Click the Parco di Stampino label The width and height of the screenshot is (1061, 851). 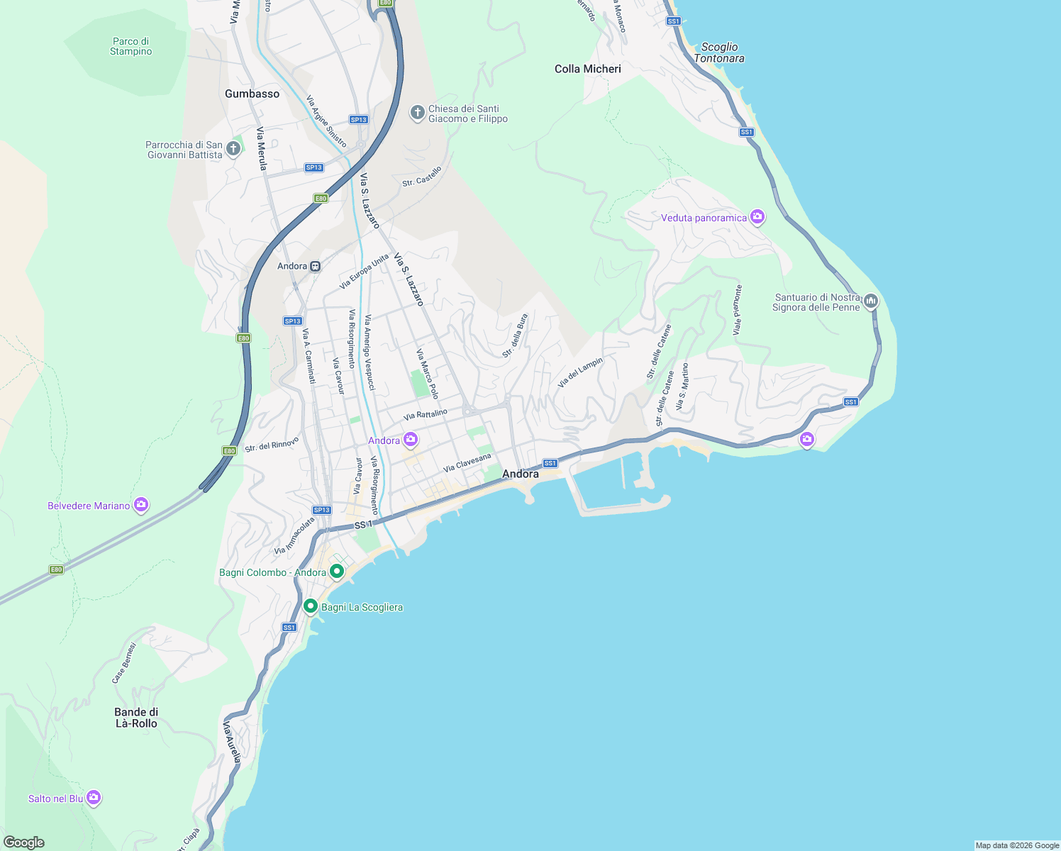130,47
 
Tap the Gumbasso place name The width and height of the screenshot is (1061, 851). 252,94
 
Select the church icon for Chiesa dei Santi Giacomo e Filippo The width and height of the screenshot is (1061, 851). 418,113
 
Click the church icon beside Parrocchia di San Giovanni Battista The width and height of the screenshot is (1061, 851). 233,149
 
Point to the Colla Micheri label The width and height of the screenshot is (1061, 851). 587,69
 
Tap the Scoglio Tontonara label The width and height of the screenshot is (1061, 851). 719,52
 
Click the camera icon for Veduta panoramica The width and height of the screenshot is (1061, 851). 757,217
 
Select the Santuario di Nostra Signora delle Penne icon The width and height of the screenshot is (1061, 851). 871,301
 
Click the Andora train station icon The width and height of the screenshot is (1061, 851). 315,267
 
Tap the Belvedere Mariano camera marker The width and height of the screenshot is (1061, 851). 141,505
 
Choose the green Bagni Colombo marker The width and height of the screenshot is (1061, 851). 337,571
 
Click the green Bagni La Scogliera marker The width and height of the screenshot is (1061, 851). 310,606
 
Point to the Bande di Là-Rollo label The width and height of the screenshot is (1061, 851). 136,718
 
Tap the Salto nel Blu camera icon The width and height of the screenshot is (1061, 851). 94,798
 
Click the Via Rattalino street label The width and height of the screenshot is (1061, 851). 426,414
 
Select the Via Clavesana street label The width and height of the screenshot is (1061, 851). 467,463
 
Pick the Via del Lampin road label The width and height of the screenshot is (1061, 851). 579,372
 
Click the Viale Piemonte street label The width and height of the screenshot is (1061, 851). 738,310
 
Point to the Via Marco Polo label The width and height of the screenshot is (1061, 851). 428,374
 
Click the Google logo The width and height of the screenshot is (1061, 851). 24,842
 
